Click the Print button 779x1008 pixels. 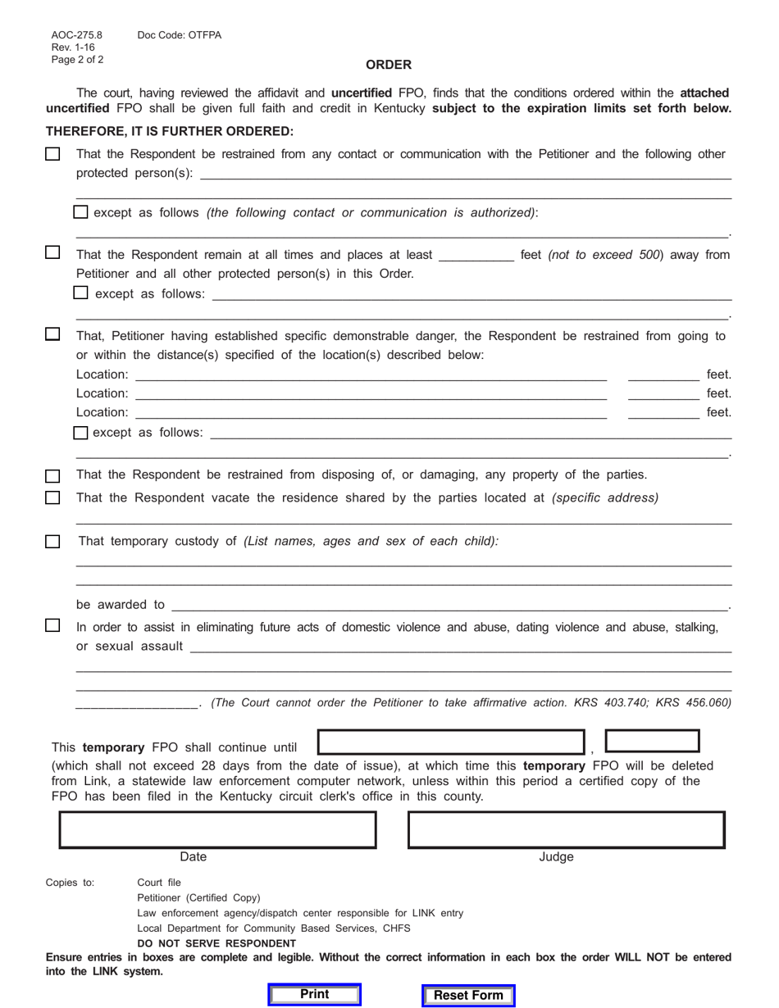click(315, 995)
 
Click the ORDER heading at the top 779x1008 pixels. click(389, 65)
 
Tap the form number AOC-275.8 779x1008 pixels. click(77, 35)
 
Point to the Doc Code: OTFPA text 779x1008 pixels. click(180, 35)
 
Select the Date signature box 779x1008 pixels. click(217, 829)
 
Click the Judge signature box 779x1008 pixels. click(567, 829)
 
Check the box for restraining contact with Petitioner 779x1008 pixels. click(52, 154)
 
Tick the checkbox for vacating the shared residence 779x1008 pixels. click(52, 497)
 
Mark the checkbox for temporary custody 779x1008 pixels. click(52, 541)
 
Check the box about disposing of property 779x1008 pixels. click(52, 475)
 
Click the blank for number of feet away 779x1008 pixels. click(476, 255)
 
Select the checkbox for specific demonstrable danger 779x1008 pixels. click(52, 334)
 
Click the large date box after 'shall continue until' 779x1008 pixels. click(450, 742)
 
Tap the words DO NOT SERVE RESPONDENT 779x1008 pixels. click(216, 943)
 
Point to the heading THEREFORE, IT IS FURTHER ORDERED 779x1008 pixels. click(170, 131)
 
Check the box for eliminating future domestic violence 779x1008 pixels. click(52, 626)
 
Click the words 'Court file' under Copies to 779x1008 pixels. click(159, 883)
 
